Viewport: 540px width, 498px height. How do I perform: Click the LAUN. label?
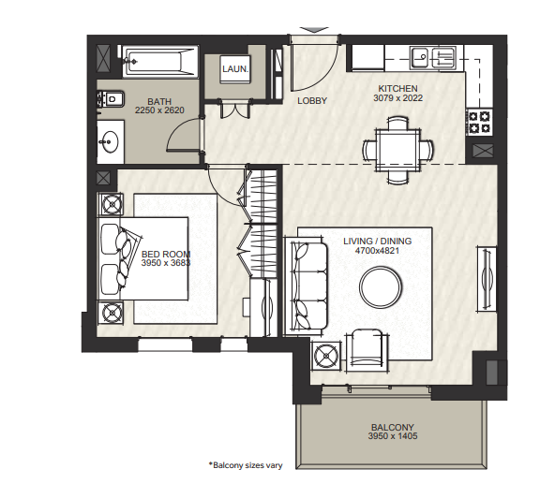pos(235,69)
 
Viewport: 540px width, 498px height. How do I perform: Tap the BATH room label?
pos(159,101)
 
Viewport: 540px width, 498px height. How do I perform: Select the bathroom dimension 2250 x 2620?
pos(159,110)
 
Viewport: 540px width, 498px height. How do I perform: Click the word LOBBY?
pos(312,101)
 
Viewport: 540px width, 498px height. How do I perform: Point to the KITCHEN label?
pos(398,89)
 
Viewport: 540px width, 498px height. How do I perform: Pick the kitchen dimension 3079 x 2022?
pos(398,98)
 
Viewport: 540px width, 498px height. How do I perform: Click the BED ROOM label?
pos(166,255)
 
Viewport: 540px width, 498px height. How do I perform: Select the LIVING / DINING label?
pos(378,242)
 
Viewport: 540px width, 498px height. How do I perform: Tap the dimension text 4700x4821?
pos(378,251)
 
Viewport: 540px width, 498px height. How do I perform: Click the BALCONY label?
pos(393,427)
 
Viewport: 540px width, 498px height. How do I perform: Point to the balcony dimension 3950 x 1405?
pos(393,436)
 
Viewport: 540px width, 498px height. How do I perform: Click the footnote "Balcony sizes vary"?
pos(246,465)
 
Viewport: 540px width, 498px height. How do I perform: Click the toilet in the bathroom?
pos(111,99)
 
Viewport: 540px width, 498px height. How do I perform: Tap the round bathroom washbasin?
pos(109,141)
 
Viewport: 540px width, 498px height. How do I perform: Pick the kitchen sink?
pos(433,58)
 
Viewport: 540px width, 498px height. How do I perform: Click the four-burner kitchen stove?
pos(479,122)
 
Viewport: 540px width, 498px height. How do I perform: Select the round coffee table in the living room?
pos(381,286)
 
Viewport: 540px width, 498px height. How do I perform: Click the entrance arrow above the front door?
pos(314,30)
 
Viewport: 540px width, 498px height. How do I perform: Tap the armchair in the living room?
pos(367,350)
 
